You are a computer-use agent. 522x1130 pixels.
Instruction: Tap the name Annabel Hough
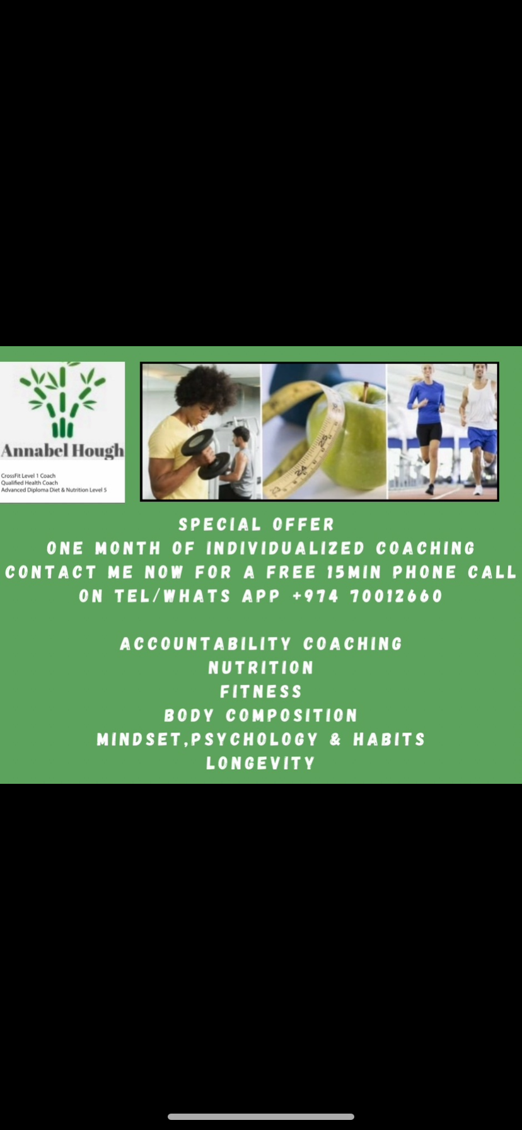pyautogui.click(x=62, y=451)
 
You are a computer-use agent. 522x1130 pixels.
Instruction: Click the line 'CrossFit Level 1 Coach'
pyautogui.click(x=28, y=476)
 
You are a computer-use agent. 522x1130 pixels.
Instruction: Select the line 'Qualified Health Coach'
pyautogui.click(x=30, y=483)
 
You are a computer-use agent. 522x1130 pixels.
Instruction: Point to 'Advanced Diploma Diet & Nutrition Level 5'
pyautogui.click(x=54, y=490)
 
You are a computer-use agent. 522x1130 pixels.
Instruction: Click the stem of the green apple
pyautogui.click(x=365, y=392)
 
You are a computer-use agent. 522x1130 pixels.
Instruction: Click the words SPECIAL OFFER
pyautogui.click(x=257, y=525)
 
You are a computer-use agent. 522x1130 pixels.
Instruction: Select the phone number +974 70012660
pyautogui.click(x=368, y=596)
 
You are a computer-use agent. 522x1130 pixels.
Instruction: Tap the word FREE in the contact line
pyautogui.click(x=291, y=572)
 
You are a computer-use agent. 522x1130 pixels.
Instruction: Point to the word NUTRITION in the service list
pyautogui.click(x=261, y=668)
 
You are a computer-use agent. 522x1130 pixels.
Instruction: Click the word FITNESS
pyautogui.click(x=261, y=692)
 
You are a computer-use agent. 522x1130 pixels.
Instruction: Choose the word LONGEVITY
pyautogui.click(x=261, y=764)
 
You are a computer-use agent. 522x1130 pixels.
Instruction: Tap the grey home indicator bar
pyautogui.click(x=261, y=1117)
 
